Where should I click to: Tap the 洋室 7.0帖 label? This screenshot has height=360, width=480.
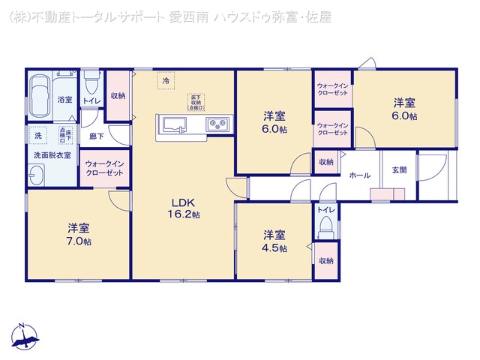click(77, 234)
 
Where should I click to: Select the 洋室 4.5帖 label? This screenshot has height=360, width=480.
click(274, 240)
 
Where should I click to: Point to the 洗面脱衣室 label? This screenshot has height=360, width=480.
click(52, 155)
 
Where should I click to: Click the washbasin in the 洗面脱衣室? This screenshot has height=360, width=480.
click(37, 177)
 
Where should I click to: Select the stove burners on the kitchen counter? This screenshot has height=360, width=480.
click(218, 124)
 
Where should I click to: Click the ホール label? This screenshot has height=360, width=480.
click(360, 175)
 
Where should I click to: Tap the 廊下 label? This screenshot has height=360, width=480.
click(95, 136)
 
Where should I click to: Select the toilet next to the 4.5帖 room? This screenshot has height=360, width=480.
click(326, 229)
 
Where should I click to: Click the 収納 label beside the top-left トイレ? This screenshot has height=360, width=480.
click(117, 95)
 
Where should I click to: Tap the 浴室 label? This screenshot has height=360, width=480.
click(64, 100)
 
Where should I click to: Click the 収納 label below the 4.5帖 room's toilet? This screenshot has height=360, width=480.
click(325, 260)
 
